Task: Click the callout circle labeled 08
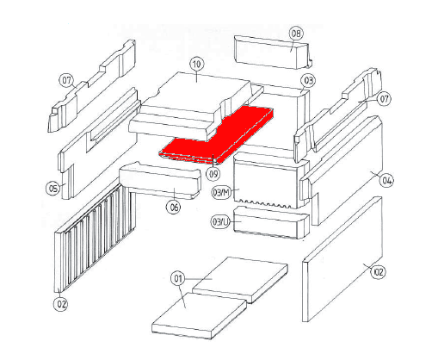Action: tap(296, 34)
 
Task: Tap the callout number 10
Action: tap(196, 64)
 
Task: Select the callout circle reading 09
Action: tap(213, 174)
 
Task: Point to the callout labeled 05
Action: tap(53, 189)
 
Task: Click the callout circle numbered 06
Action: tap(174, 207)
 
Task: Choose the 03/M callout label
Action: tap(221, 192)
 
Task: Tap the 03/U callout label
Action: tap(221, 222)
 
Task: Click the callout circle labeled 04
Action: tap(386, 181)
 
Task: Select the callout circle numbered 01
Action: tap(178, 278)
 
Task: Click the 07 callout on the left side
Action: tap(66, 80)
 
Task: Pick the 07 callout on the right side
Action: tap(384, 99)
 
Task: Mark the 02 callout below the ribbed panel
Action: tap(61, 304)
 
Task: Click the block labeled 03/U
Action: tap(271, 222)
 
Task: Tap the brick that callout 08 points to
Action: tap(273, 53)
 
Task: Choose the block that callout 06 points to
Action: tap(161, 181)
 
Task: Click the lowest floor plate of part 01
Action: tap(200, 316)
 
